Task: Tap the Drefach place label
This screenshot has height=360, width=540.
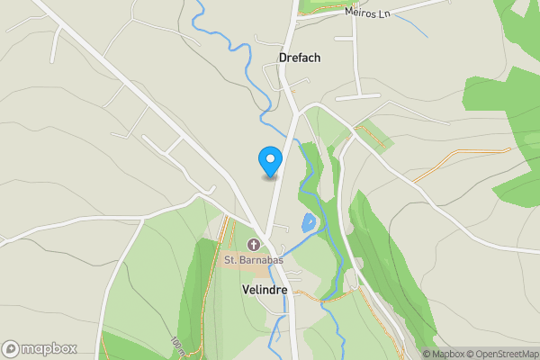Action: coord(300,57)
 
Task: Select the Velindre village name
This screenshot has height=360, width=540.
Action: coord(265,291)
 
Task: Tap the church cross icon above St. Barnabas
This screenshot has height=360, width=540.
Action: coord(254,245)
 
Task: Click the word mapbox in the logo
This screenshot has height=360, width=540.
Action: coord(50,348)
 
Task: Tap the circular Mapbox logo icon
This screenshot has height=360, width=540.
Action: coord(11,348)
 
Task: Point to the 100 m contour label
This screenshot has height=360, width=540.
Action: coord(175,346)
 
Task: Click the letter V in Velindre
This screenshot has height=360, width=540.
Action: coord(246,291)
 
